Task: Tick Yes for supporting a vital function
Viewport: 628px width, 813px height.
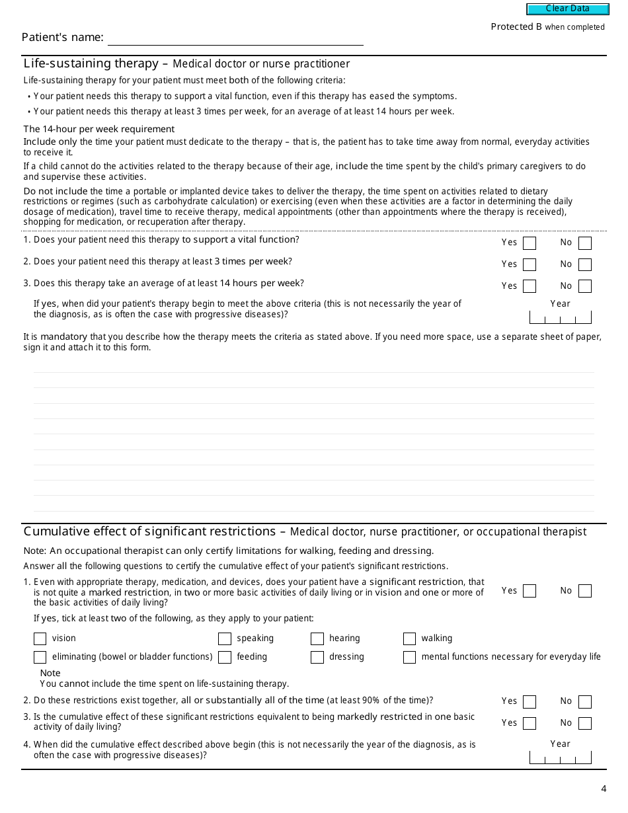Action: point(530,243)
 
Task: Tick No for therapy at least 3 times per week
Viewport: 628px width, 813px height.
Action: point(584,265)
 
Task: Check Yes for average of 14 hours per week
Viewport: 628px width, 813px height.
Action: point(530,286)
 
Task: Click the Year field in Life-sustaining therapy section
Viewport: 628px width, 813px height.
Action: point(560,317)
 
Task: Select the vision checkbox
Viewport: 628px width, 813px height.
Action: point(40,639)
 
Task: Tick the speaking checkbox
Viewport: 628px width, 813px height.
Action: point(225,639)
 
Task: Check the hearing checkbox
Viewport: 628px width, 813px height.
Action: point(317,639)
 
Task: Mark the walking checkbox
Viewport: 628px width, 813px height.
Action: point(410,639)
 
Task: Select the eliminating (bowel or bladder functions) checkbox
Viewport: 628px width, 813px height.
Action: point(40,658)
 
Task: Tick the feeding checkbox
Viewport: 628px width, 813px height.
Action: point(225,658)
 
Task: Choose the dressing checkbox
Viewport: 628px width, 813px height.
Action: point(317,658)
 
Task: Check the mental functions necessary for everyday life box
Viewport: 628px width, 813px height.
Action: point(410,658)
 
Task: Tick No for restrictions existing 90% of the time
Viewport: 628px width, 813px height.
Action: point(584,702)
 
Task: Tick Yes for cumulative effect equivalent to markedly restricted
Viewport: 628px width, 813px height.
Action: point(530,724)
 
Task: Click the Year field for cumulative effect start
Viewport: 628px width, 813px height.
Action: point(560,757)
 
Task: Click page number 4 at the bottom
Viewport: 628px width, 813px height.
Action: point(604,789)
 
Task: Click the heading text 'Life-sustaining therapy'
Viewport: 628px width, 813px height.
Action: point(91,64)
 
